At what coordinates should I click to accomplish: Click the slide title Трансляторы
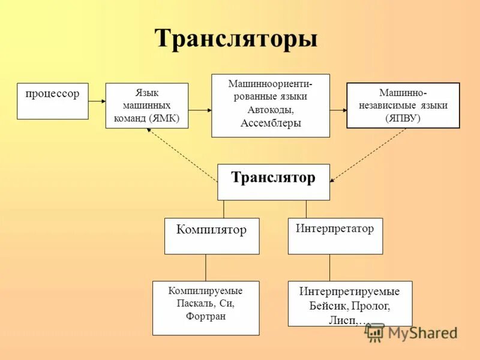[x=236, y=39]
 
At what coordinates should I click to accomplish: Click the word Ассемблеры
[x=270, y=124]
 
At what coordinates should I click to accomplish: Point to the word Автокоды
[x=270, y=110]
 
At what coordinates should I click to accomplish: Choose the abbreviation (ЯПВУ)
[x=403, y=118]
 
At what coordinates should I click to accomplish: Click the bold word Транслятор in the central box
[x=273, y=178]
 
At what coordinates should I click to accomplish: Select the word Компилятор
[x=211, y=230]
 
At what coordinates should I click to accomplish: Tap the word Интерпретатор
[x=335, y=229]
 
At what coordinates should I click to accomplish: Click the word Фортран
[x=206, y=316]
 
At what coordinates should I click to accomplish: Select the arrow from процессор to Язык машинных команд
[x=97, y=101]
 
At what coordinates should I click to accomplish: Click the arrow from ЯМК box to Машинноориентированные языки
[x=200, y=110]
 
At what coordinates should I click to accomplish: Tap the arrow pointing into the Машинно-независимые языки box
[x=338, y=110]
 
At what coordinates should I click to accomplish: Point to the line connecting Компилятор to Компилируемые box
[x=206, y=267]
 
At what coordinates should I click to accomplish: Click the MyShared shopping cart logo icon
[x=375, y=332]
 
